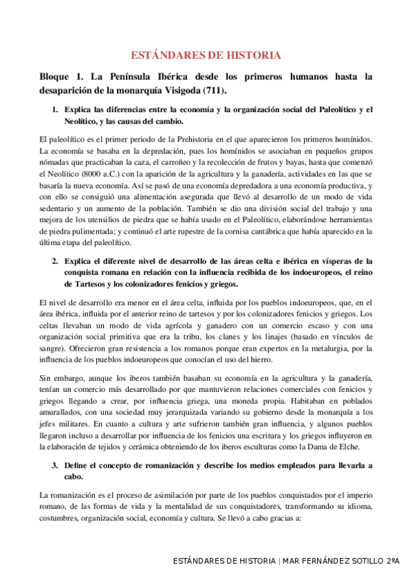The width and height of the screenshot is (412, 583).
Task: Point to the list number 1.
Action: pyautogui.click(x=55, y=110)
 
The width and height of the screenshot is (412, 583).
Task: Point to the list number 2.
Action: pyautogui.click(x=55, y=261)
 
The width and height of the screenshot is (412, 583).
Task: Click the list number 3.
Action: pyautogui.click(x=55, y=465)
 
